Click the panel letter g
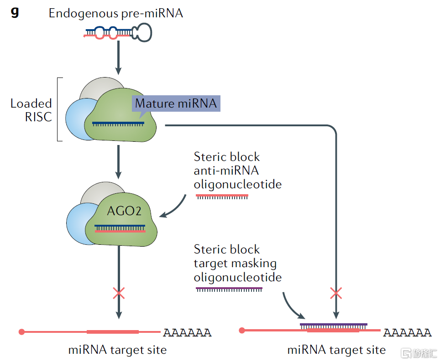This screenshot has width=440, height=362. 15,13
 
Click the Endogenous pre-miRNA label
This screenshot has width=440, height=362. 116,13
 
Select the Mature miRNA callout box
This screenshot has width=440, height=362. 176,103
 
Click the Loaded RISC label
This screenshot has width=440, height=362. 31,110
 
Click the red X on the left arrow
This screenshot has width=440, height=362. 119,293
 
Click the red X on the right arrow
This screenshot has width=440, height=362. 336,293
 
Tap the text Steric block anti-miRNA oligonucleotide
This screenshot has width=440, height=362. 237,171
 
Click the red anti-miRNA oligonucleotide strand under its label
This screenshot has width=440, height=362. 222,196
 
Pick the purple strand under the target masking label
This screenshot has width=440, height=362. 229,289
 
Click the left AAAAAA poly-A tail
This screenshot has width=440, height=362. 187,332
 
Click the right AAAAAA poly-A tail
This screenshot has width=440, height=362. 407,332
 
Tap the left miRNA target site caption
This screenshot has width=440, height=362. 117,350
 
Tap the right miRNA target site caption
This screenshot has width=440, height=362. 336,350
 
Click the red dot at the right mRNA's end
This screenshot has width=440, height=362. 242,330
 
